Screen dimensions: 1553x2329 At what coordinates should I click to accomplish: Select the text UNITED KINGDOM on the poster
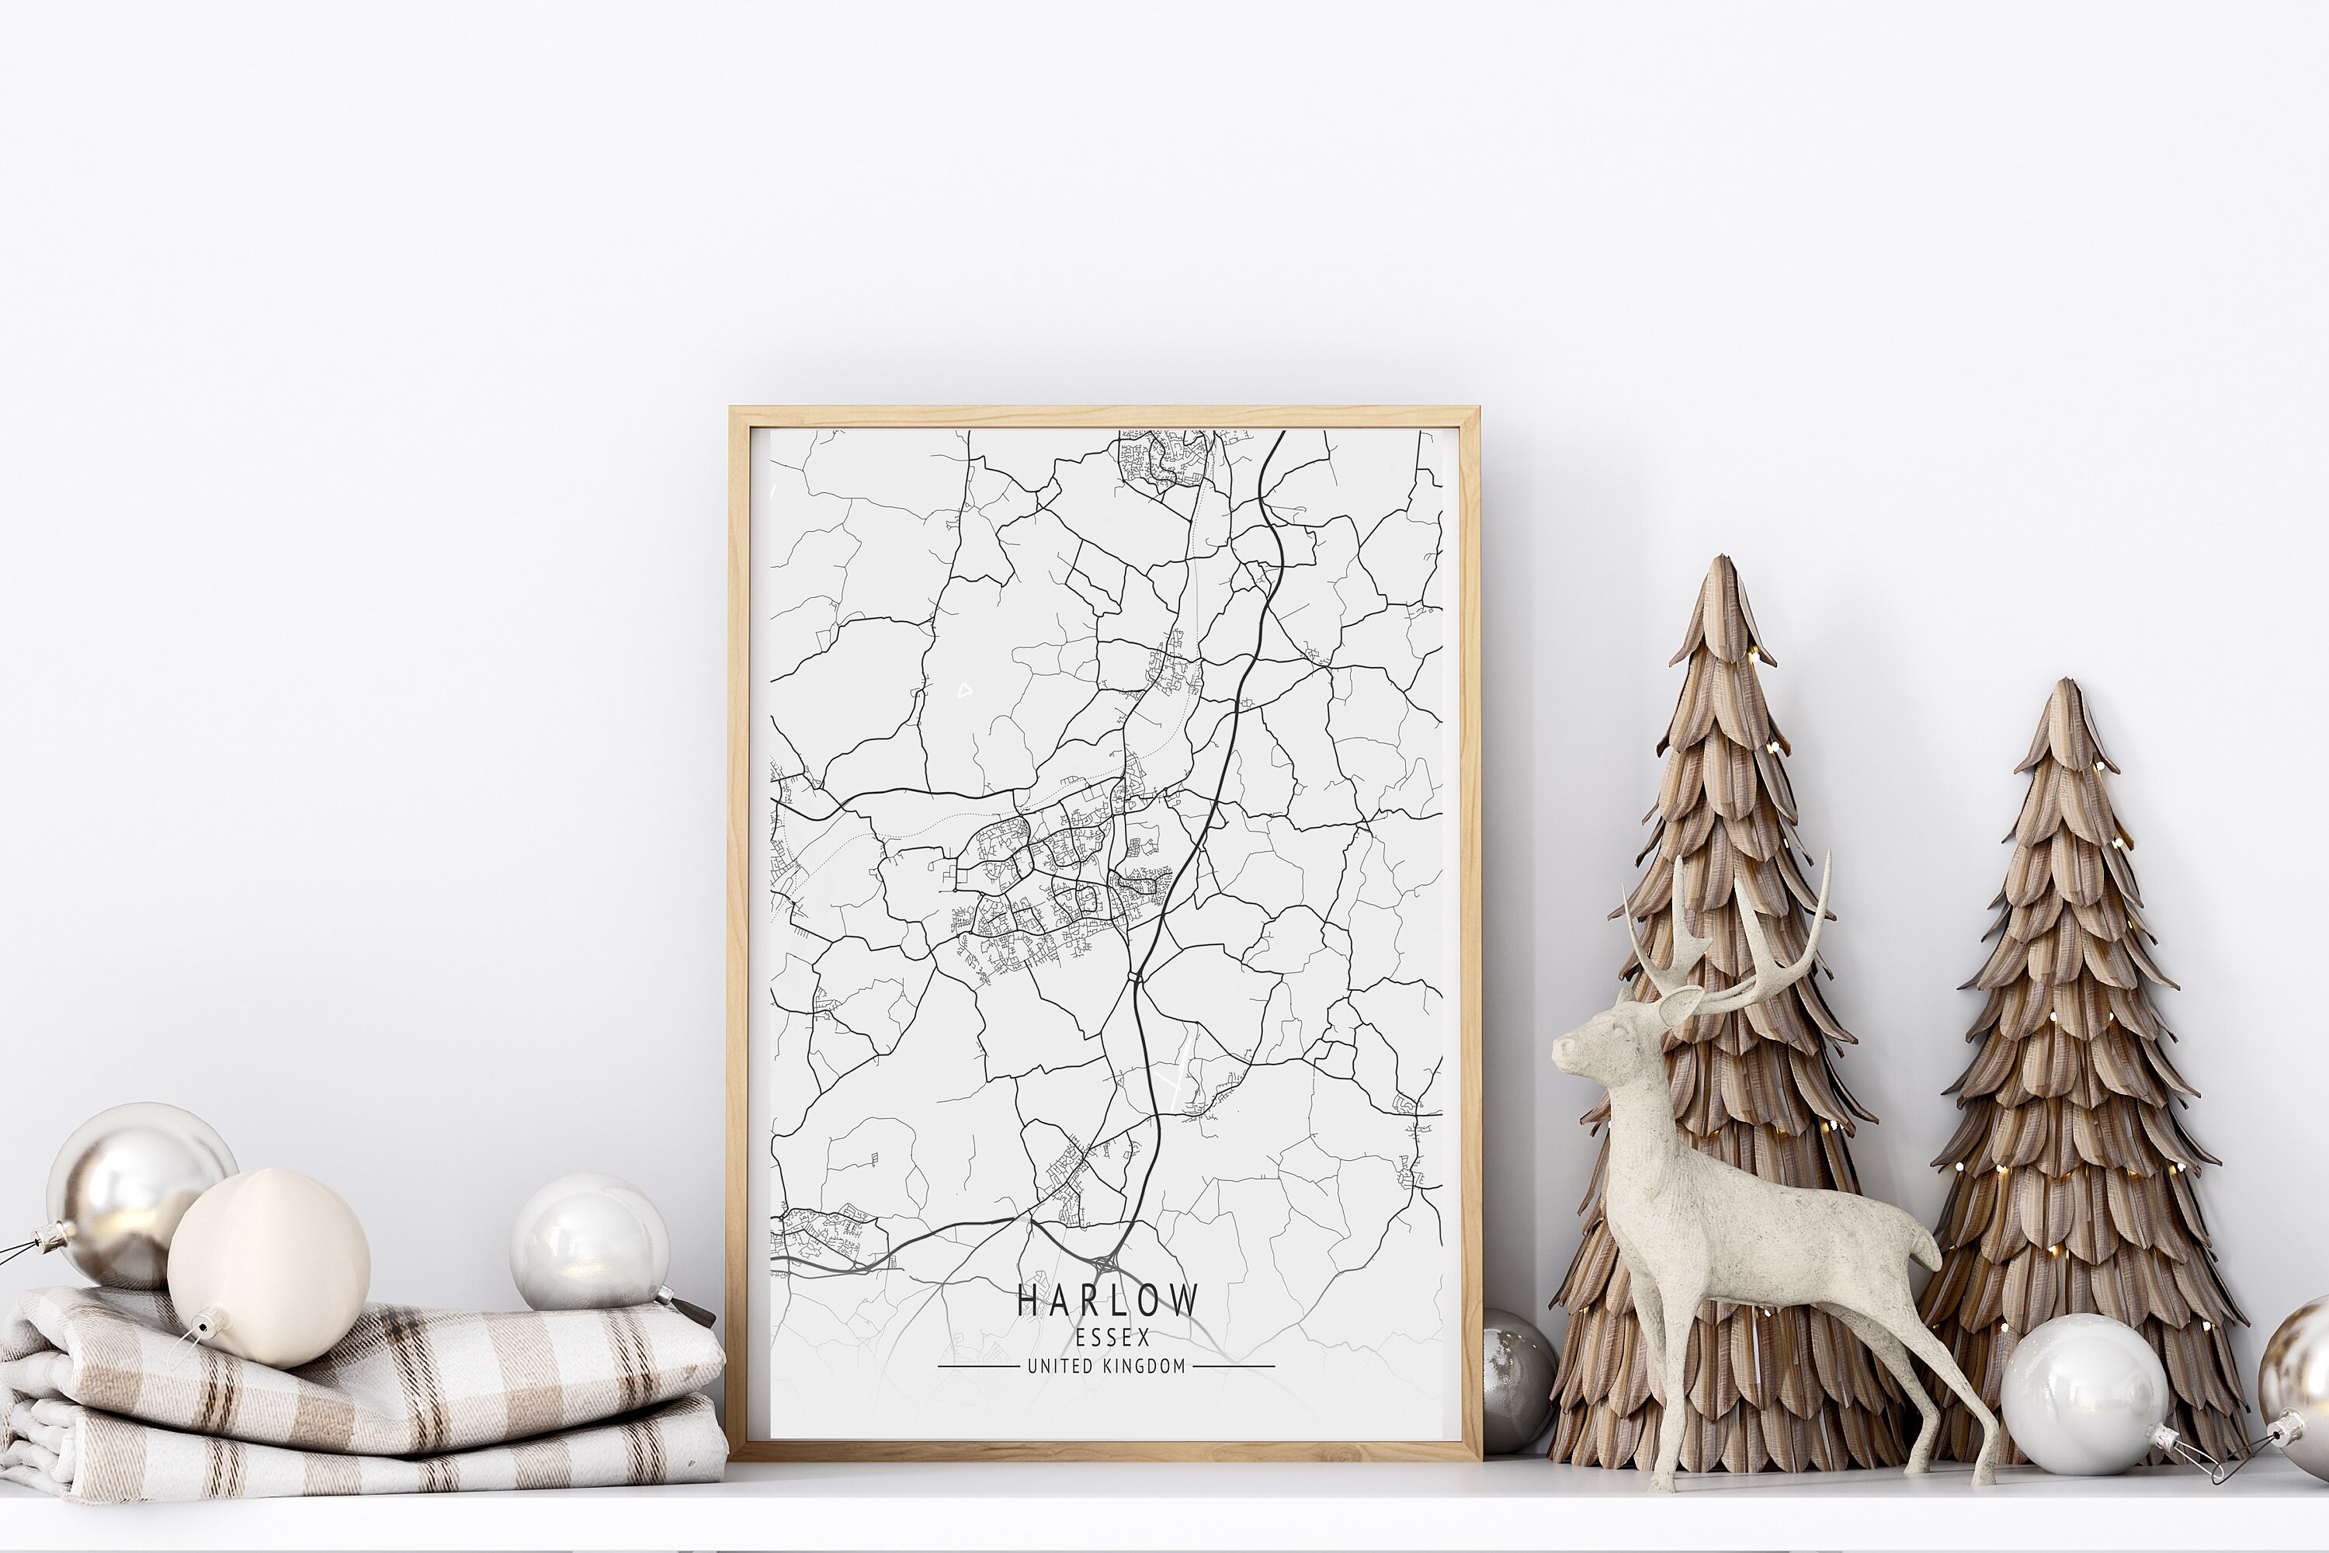[x=1106, y=1367]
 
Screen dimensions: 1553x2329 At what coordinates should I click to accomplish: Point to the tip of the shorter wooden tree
[x=2064, y=687]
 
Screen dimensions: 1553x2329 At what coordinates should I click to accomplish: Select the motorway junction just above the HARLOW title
[x=1106, y=1264]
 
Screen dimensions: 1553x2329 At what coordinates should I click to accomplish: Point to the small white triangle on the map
[x=964, y=690]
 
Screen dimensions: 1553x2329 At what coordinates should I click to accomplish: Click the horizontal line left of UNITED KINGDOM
[x=978, y=1367]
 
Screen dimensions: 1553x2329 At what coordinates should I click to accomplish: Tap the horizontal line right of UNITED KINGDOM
[x=1234, y=1367]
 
